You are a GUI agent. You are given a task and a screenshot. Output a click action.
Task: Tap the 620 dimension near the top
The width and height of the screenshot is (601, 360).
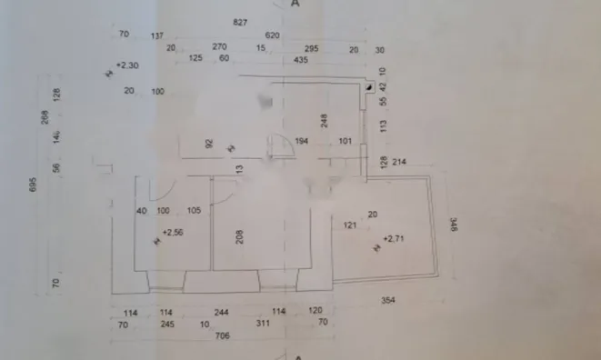[x=273, y=35]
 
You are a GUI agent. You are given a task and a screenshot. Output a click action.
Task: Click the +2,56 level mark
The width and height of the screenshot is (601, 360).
[x=172, y=233]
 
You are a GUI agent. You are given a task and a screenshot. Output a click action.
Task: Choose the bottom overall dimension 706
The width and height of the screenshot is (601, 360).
[x=222, y=335]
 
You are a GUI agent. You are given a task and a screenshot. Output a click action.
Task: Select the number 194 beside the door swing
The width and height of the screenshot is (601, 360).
[x=302, y=141]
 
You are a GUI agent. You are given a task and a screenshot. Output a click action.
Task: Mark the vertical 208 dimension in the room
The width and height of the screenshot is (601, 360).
[x=239, y=238]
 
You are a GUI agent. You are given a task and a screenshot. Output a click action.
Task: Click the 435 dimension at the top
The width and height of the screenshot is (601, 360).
[x=302, y=60]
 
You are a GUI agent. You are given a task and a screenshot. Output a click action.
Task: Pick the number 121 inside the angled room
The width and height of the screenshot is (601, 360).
[x=349, y=225]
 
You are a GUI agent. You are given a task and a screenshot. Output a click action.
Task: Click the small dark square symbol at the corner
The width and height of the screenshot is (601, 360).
[x=369, y=88]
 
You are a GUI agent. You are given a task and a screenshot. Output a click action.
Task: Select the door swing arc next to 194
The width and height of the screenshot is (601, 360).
[x=280, y=145]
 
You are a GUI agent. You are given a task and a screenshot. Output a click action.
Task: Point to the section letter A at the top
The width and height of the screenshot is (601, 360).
[x=295, y=5]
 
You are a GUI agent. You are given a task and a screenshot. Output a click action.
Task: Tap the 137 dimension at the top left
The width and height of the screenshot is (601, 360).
[x=157, y=35]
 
